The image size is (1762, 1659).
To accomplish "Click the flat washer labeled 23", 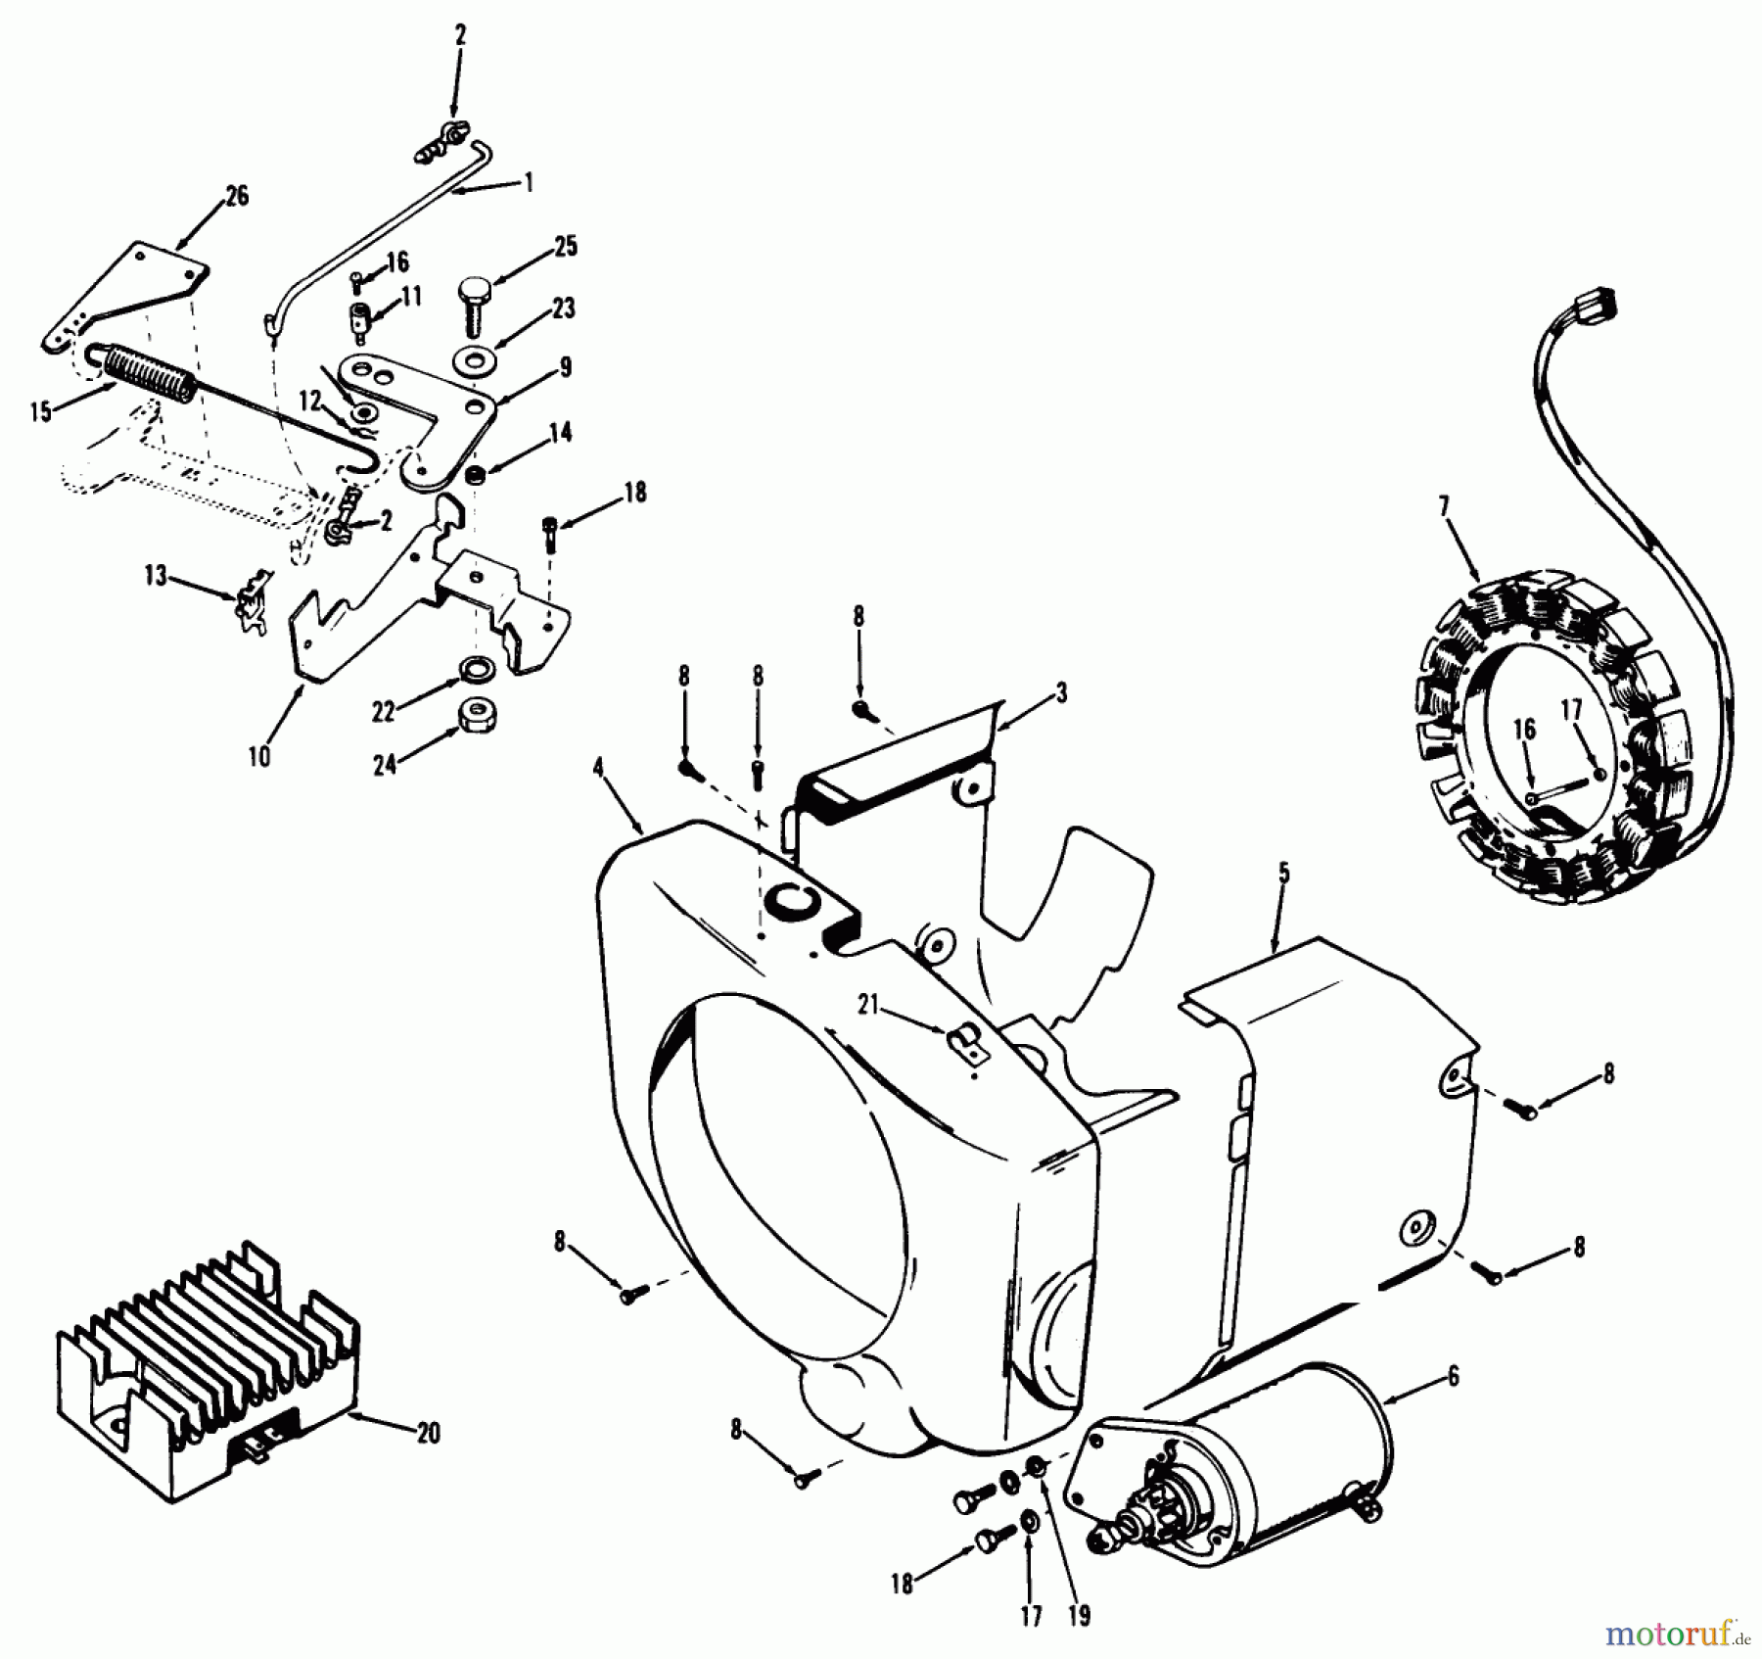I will click(x=476, y=361).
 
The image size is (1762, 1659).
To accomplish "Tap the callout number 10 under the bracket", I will click(x=258, y=756).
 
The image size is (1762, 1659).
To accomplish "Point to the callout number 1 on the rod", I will click(x=529, y=182).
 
